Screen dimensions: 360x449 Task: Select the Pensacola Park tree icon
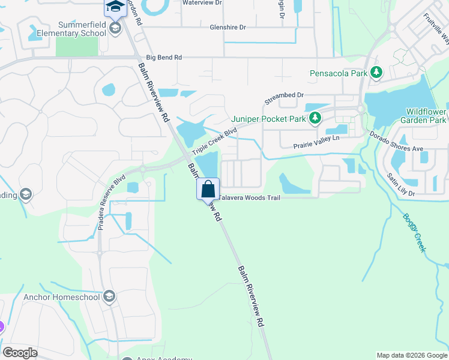tap(376, 73)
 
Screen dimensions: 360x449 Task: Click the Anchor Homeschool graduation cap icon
tap(109, 296)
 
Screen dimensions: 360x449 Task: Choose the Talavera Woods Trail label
tap(250, 197)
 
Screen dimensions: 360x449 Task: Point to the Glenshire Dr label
tap(228, 28)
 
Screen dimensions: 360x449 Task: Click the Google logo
tap(20, 353)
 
